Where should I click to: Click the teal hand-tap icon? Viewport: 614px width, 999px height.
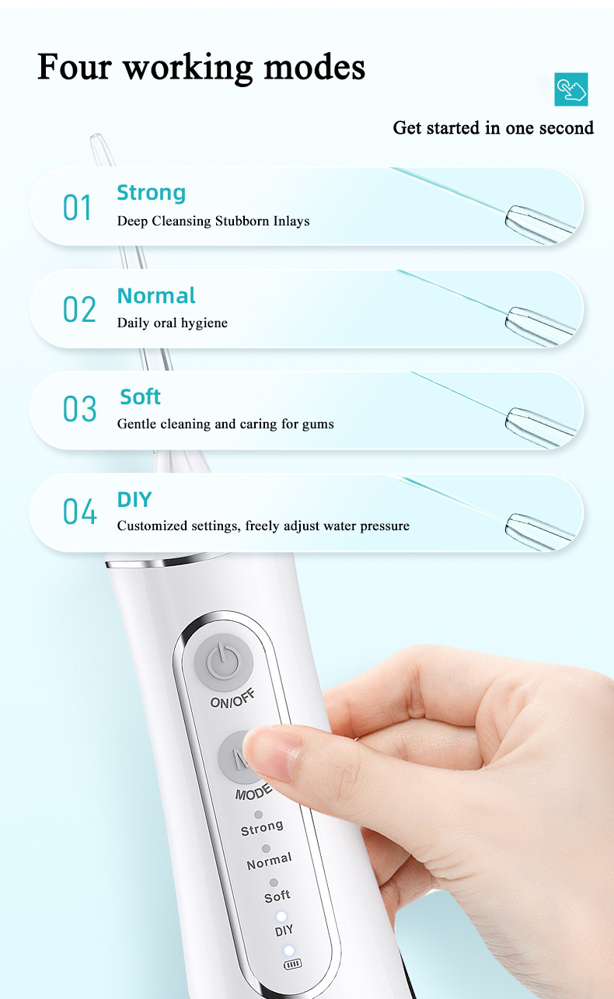click(570, 89)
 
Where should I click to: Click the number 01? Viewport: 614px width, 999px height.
click(77, 208)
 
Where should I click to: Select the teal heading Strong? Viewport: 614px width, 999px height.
click(151, 193)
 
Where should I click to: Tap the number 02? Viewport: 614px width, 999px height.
click(79, 309)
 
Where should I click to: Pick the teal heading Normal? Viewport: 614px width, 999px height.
click(156, 295)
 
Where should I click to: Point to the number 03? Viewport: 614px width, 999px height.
click(80, 408)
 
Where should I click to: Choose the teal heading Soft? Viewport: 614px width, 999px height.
click(140, 396)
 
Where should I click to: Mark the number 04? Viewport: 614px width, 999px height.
click(80, 511)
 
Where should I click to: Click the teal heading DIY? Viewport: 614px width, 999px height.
click(134, 499)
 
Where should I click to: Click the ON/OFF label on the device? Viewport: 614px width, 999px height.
click(232, 698)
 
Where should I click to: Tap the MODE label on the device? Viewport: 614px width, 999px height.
click(253, 792)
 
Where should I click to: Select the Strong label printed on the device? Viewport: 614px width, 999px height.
click(262, 828)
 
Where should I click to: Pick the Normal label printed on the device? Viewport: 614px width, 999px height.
click(270, 861)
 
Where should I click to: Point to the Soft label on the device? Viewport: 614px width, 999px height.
click(277, 896)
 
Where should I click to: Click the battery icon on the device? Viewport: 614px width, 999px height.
click(293, 965)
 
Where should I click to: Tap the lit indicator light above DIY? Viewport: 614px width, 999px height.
click(281, 917)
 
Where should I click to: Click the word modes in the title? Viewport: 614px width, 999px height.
click(314, 67)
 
